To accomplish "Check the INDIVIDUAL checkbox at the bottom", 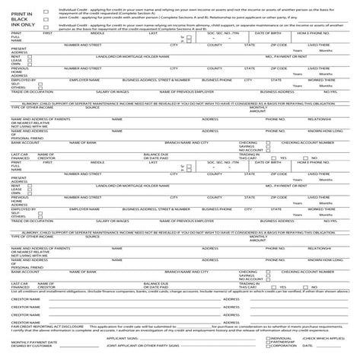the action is tap(265, 339).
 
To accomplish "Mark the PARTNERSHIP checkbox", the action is tap(265, 343).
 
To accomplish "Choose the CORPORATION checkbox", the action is tap(265, 348).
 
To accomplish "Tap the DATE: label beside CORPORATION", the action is tap(307, 348).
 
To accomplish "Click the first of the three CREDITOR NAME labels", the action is tap(26, 299).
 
